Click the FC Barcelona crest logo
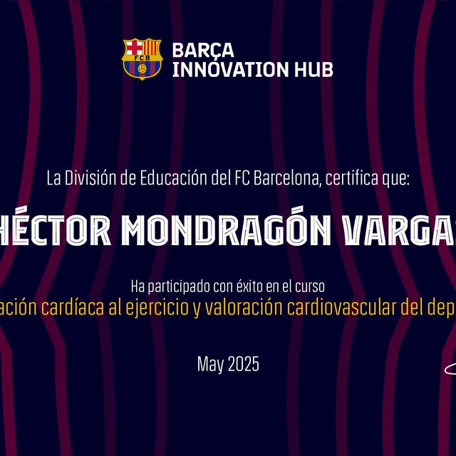(142, 58)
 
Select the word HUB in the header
(316, 68)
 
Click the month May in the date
(210, 366)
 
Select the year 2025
(244, 366)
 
